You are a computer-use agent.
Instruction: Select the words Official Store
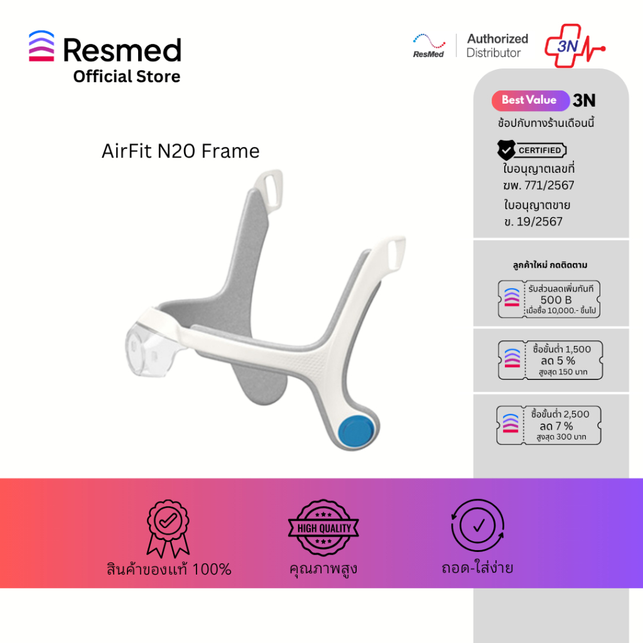(126, 77)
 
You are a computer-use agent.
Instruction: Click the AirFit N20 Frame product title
(180, 151)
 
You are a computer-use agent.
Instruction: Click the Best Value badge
(529, 100)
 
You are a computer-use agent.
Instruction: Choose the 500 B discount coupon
(550, 300)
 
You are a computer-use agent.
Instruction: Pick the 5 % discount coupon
(550, 360)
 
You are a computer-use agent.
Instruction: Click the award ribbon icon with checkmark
(168, 527)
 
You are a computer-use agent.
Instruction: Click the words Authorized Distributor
(497, 46)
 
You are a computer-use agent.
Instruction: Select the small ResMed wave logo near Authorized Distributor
(429, 45)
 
